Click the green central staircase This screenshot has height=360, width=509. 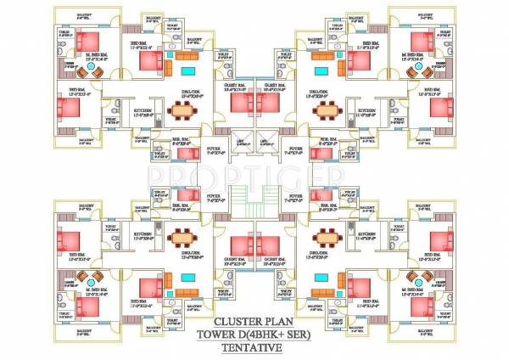pyautogui.click(x=255, y=203)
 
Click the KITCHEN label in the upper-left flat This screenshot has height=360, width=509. pyautogui.click(x=144, y=110)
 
